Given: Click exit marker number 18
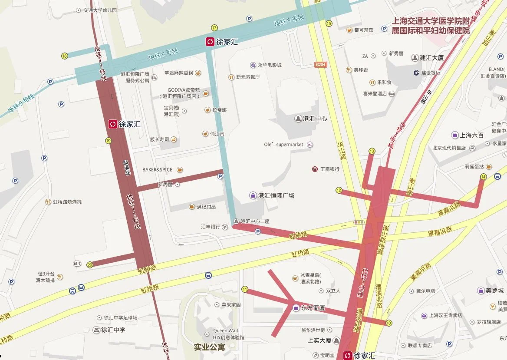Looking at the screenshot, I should point(65,56).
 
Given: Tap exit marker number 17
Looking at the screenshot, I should point(214,28).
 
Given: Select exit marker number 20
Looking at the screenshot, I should point(90,264).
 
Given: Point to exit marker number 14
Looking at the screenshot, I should point(484,176).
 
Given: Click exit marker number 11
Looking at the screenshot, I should point(245,290).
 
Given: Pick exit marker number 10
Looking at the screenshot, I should point(388,323).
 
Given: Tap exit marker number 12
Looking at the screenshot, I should point(339,190).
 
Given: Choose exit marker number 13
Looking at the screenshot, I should point(372,151).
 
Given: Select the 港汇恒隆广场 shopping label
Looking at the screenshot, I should point(276,195).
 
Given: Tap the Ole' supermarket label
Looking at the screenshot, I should point(284,145).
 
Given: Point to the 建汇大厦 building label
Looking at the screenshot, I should point(431,57).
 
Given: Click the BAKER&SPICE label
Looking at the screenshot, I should point(157,170).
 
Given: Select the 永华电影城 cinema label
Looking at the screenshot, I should point(270,65).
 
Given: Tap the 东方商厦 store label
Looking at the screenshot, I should point(313,308).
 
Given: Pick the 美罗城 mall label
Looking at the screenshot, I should point(494,290).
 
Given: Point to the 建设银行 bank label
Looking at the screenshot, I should point(430,73).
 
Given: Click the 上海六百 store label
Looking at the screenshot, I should point(471,135).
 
